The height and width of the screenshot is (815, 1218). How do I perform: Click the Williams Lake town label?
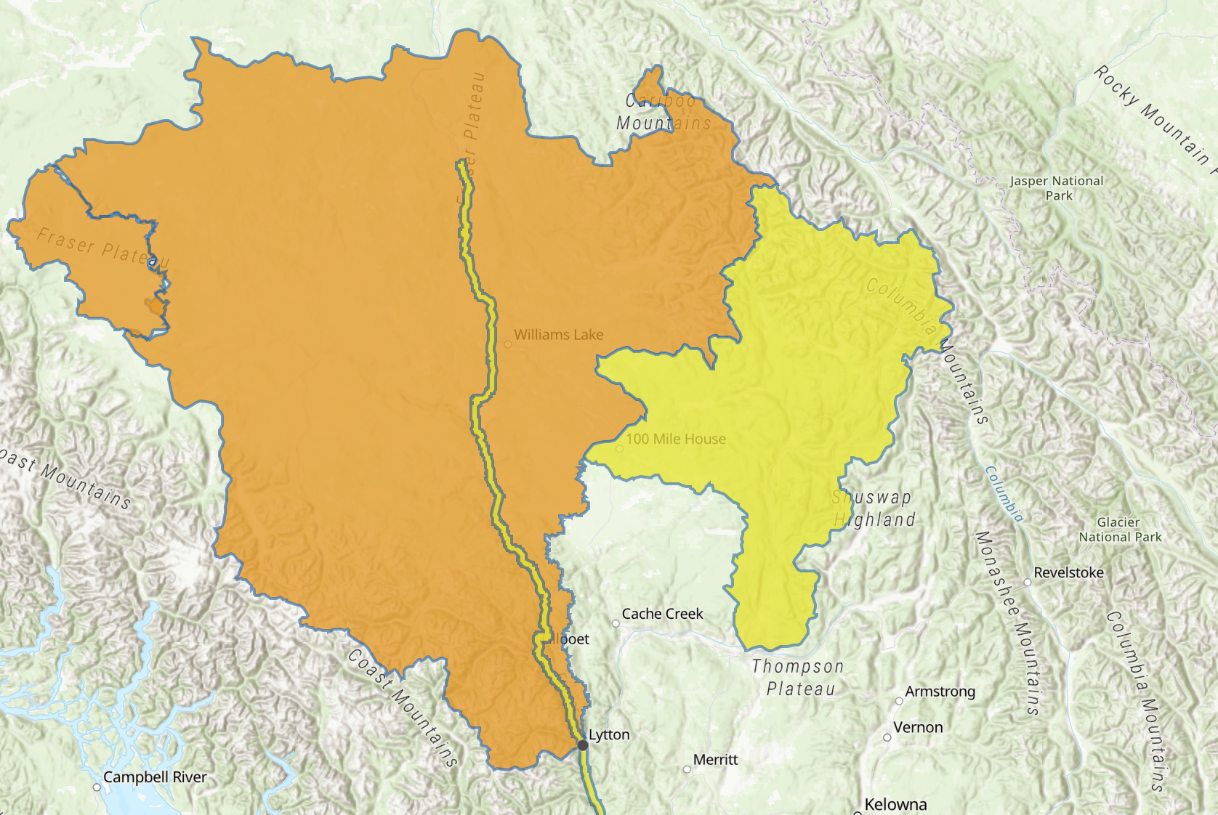point(558,335)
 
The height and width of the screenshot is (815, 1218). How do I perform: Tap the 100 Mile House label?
point(675,439)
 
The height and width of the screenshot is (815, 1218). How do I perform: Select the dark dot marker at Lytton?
point(582,745)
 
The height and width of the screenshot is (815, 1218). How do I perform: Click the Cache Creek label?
point(662,614)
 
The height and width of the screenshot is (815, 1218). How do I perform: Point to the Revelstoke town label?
point(1068,572)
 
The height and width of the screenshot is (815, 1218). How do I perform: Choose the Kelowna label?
point(895,804)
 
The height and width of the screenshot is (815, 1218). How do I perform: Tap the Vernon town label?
point(918,727)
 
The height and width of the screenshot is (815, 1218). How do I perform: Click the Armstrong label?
point(940,692)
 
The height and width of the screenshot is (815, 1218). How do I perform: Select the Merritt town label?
point(715,760)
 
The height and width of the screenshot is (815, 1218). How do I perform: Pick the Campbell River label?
point(155,777)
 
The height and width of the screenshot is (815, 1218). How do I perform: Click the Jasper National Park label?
point(1057,188)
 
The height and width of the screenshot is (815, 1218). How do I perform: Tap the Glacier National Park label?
point(1120,530)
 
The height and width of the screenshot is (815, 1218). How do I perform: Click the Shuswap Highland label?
point(873,508)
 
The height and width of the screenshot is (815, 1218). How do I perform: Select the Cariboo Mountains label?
point(663,113)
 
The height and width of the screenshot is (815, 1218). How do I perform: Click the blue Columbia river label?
point(1004,494)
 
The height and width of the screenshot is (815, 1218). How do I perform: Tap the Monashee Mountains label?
point(1007,623)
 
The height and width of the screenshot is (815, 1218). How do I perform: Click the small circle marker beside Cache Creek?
point(616,623)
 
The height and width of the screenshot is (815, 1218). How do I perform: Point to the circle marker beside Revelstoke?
point(1028,582)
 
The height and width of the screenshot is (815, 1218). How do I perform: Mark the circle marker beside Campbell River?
point(97,787)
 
